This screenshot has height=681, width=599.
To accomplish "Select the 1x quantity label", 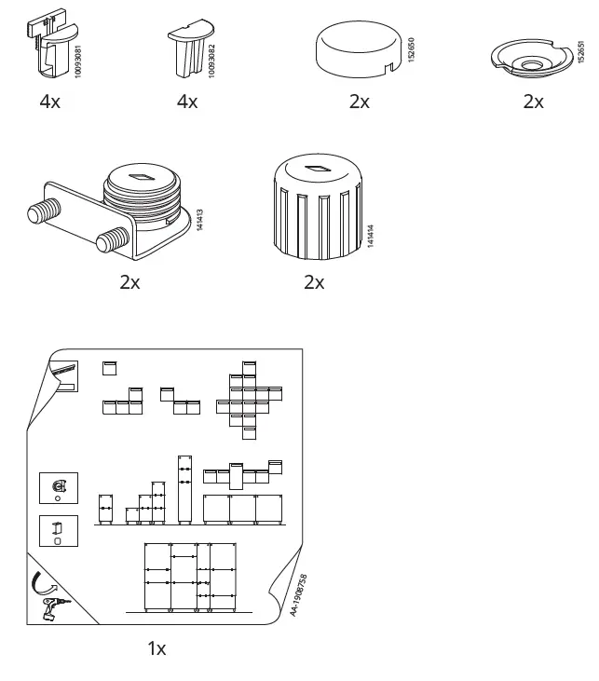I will point(157,648).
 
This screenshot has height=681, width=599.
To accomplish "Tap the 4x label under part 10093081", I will point(49,102).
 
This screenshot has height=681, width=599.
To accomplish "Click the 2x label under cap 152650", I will point(359,102).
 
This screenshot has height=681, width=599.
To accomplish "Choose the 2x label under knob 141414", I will point(314,281).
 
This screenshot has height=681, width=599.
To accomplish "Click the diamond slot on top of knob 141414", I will point(315,169).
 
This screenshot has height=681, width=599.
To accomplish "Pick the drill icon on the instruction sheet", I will point(52,609).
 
